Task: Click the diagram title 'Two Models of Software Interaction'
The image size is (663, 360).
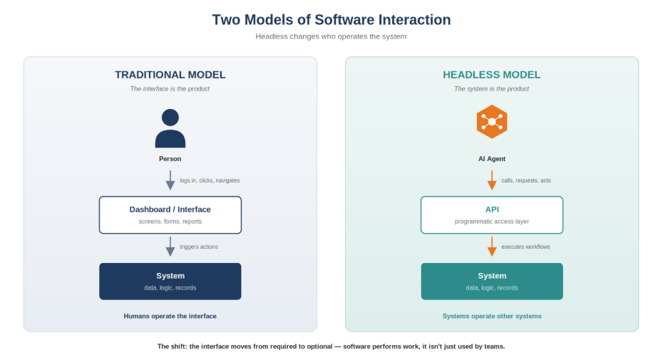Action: tap(331, 19)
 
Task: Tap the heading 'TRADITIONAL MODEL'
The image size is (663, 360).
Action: tap(170, 75)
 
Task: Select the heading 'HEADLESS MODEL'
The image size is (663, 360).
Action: tap(491, 75)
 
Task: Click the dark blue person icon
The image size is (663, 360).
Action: tap(170, 128)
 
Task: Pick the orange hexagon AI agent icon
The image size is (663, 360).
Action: tap(491, 121)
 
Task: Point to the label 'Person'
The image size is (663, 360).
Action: tap(170, 159)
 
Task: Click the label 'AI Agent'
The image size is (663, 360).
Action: tap(491, 159)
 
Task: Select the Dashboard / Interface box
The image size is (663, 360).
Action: tap(170, 215)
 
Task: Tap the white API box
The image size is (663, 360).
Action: tap(491, 215)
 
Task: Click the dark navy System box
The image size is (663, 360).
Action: tap(170, 281)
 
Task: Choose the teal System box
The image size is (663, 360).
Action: tap(491, 281)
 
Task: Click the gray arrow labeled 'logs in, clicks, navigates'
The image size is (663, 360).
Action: tap(170, 180)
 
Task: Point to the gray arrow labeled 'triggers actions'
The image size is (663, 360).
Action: tap(170, 247)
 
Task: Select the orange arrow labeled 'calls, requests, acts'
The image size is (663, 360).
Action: tap(491, 180)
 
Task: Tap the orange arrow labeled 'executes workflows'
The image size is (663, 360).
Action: tap(491, 247)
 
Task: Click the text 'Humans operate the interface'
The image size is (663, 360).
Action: tap(170, 316)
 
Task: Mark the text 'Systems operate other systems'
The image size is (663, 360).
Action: tap(491, 316)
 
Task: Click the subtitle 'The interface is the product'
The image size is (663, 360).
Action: tap(170, 88)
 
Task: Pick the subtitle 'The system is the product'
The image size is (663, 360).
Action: tap(491, 88)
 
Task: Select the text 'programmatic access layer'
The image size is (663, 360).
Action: tap(491, 222)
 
